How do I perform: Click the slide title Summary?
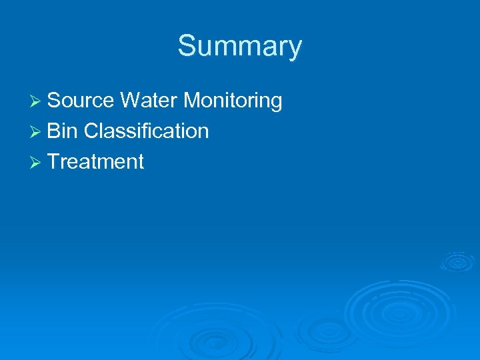point(239,47)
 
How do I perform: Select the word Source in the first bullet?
point(81,101)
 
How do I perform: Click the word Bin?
point(63,131)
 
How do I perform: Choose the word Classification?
point(147,131)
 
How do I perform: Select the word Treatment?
point(96,162)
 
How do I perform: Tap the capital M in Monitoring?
point(191,101)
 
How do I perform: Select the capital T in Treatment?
point(55,162)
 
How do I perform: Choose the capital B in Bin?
point(55,131)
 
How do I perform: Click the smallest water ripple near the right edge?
point(458,261)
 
